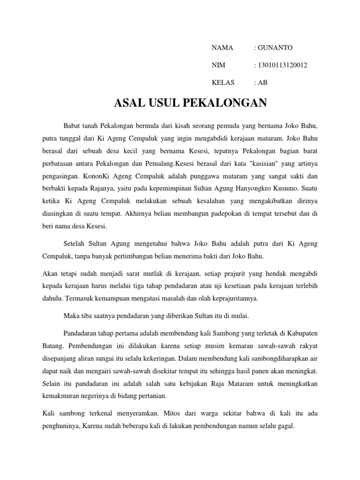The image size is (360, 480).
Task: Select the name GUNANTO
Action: coord(275,48)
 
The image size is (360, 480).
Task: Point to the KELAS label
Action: coord(223,83)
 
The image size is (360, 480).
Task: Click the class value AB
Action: coord(262,83)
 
